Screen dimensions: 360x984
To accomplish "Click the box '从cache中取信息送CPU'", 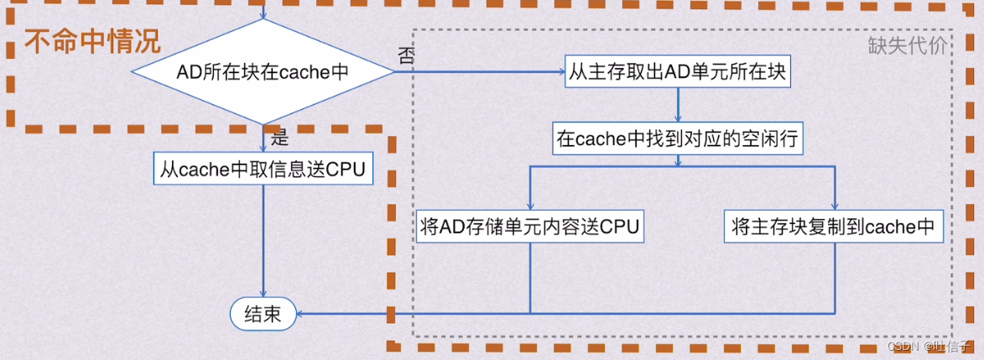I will tap(263, 169).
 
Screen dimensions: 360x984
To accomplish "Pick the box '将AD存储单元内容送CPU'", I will tap(530, 227).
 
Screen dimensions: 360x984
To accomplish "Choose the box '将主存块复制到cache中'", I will tap(833, 227).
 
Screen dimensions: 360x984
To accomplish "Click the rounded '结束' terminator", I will tap(263, 315).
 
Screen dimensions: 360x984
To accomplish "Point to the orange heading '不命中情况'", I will tap(91, 42).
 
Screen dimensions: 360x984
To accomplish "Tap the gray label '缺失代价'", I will tap(907, 45).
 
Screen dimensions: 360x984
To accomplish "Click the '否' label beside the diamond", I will tap(405, 55).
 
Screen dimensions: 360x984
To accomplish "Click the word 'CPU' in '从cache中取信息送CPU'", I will tap(346, 169).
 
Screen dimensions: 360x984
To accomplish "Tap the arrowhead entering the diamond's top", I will tap(263, 16).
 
